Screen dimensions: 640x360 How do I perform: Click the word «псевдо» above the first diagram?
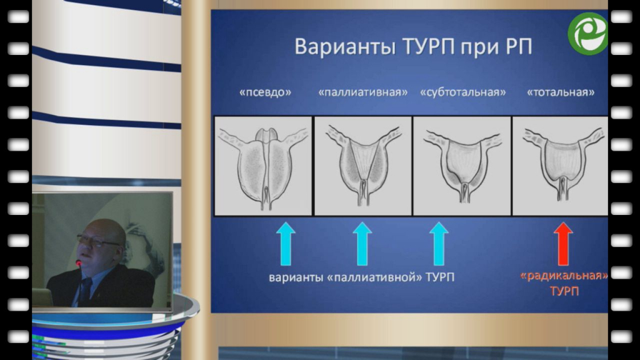pyautogui.click(x=265, y=92)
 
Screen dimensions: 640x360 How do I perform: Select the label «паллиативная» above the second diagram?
pyautogui.click(x=363, y=92)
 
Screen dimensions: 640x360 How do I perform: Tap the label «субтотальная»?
pyautogui.click(x=463, y=92)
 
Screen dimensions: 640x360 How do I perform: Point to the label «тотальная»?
pyautogui.click(x=561, y=92)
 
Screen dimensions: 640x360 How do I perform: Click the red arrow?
pyautogui.click(x=563, y=244)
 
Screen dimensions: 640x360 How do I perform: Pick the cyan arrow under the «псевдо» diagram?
pyautogui.click(x=286, y=244)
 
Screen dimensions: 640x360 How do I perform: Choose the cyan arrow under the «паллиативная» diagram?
pyautogui.click(x=362, y=244)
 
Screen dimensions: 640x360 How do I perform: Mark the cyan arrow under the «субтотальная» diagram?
pyautogui.click(x=439, y=244)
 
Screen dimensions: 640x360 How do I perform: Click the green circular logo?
pyautogui.click(x=587, y=34)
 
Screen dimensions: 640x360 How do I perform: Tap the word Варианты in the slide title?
pyautogui.click(x=345, y=46)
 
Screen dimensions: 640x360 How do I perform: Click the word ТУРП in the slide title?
pyautogui.click(x=429, y=46)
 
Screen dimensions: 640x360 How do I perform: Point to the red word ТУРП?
pyautogui.click(x=564, y=291)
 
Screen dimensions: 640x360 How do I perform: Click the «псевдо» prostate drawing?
pyautogui.click(x=263, y=166)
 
